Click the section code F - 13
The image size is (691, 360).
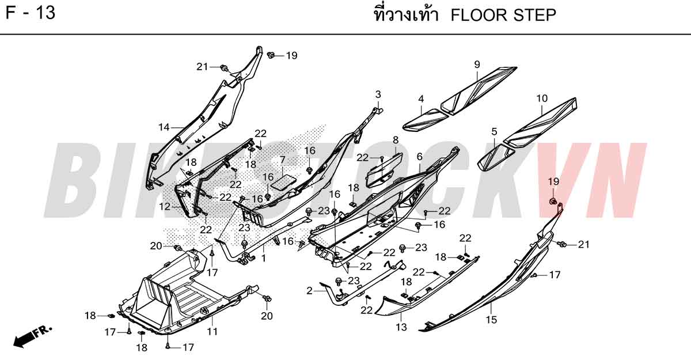click(x=30, y=13)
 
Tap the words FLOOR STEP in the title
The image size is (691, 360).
click(x=503, y=15)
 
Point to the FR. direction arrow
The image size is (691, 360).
click(x=32, y=336)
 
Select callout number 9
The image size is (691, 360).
click(x=477, y=65)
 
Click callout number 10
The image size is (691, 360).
click(x=542, y=98)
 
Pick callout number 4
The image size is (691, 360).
click(x=421, y=98)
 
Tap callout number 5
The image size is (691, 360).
click(x=494, y=132)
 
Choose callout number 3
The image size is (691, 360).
click(x=378, y=94)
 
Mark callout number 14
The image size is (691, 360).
click(x=164, y=127)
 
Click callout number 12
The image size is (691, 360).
click(x=165, y=206)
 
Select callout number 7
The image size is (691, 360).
click(x=283, y=160)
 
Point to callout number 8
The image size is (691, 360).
click(x=396, y=140)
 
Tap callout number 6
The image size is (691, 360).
click(x=420, y=157)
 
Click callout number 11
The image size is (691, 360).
click(x=212, y=332)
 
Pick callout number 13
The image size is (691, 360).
click(x=401, y=327)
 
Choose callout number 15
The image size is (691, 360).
click(x=491, y=320)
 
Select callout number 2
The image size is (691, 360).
click(x=309, y=290)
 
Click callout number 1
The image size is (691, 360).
click(x=264, y=258)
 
